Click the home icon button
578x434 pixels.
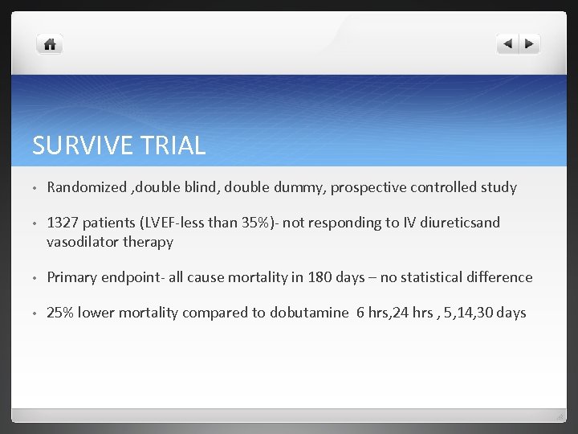(x=50, y=44)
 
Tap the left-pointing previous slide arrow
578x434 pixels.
(x=507, y=44)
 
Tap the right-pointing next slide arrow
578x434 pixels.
(x=529, y=44)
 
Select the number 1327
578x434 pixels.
(x=64, y=223)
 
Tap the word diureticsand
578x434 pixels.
(x=461, y=223)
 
